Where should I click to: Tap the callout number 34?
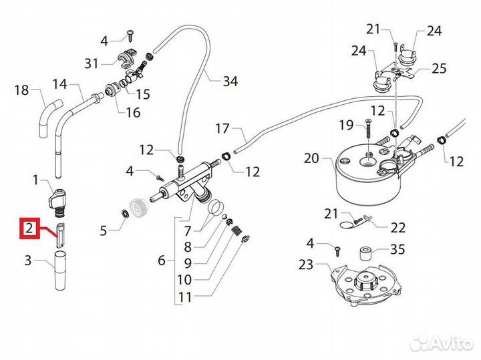click(230, 82)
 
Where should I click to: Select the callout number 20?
click(312, 159)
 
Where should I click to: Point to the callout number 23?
click(305, 264)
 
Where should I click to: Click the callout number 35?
click(397, 251)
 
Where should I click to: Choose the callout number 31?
click(92, 63)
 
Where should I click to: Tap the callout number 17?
click(222, 127)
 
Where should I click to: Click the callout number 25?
click(439, 67)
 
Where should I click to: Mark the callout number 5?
click(104, 231)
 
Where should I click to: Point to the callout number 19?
click(345, 124)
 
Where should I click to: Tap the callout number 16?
click(133, 112)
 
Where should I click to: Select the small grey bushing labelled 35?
click(366, 253)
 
